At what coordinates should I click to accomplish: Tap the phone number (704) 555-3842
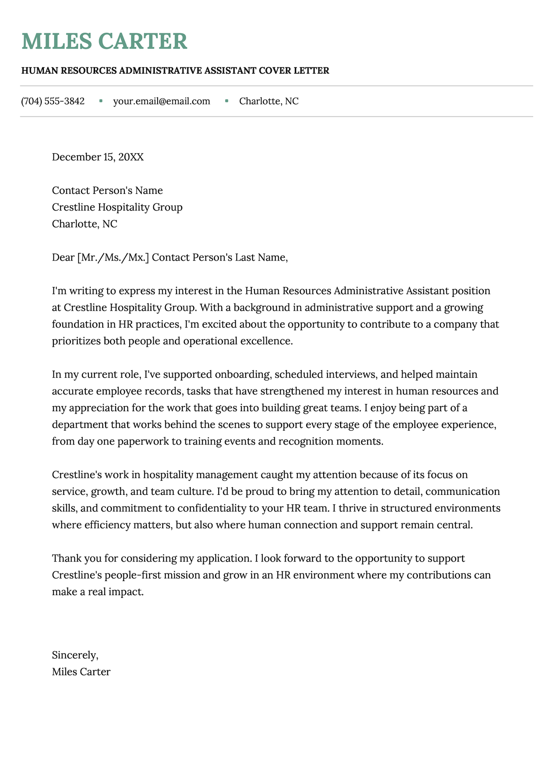[x=53, y=102]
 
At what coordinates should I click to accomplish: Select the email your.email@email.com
[x=162, y=102]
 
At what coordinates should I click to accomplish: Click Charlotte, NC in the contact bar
[x=269, y=102]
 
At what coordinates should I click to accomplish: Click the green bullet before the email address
[x=101, y=102]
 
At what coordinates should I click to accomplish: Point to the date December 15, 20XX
[x=98, y=157]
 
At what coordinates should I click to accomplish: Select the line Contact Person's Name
[x=107, y=191]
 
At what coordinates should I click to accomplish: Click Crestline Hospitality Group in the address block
[x=117, y=207]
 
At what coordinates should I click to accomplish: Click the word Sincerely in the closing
[x=74, y=655]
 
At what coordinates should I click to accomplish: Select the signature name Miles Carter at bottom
[x=81, y=672]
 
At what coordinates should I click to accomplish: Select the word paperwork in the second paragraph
[x=143, y=442]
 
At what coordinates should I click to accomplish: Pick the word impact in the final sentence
[x=130, y=592]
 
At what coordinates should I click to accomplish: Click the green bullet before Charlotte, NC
[x=226, y=102]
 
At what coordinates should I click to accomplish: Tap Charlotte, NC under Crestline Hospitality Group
[x=85, y=224]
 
